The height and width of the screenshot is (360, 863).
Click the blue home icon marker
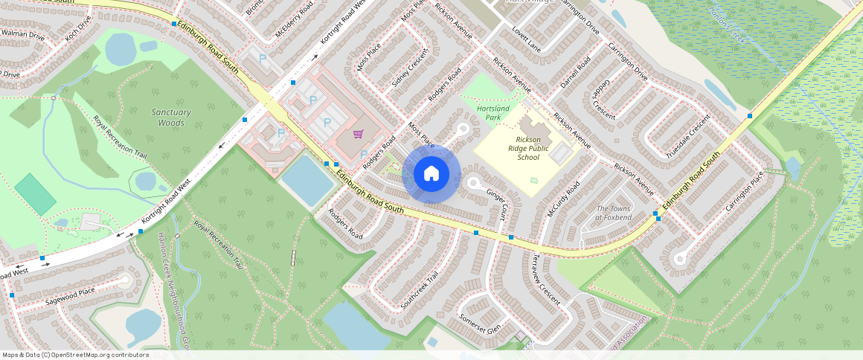(431, 174)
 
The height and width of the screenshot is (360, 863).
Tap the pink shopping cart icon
(358, 135)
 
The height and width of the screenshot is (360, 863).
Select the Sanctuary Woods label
(171, 118)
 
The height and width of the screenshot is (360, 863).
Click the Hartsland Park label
(493, 112)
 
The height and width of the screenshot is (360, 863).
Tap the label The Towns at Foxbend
(613, 213)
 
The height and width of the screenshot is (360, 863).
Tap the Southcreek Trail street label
(420, 289)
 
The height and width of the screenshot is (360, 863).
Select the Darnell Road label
(574, 73)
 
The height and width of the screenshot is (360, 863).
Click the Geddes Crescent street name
(603, 100)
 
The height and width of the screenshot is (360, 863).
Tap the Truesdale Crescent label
(683, 140)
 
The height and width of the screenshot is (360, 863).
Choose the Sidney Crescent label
(410, 68)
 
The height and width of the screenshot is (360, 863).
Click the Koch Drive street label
(77, 30)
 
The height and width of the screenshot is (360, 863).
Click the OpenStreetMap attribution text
(75, 355)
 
